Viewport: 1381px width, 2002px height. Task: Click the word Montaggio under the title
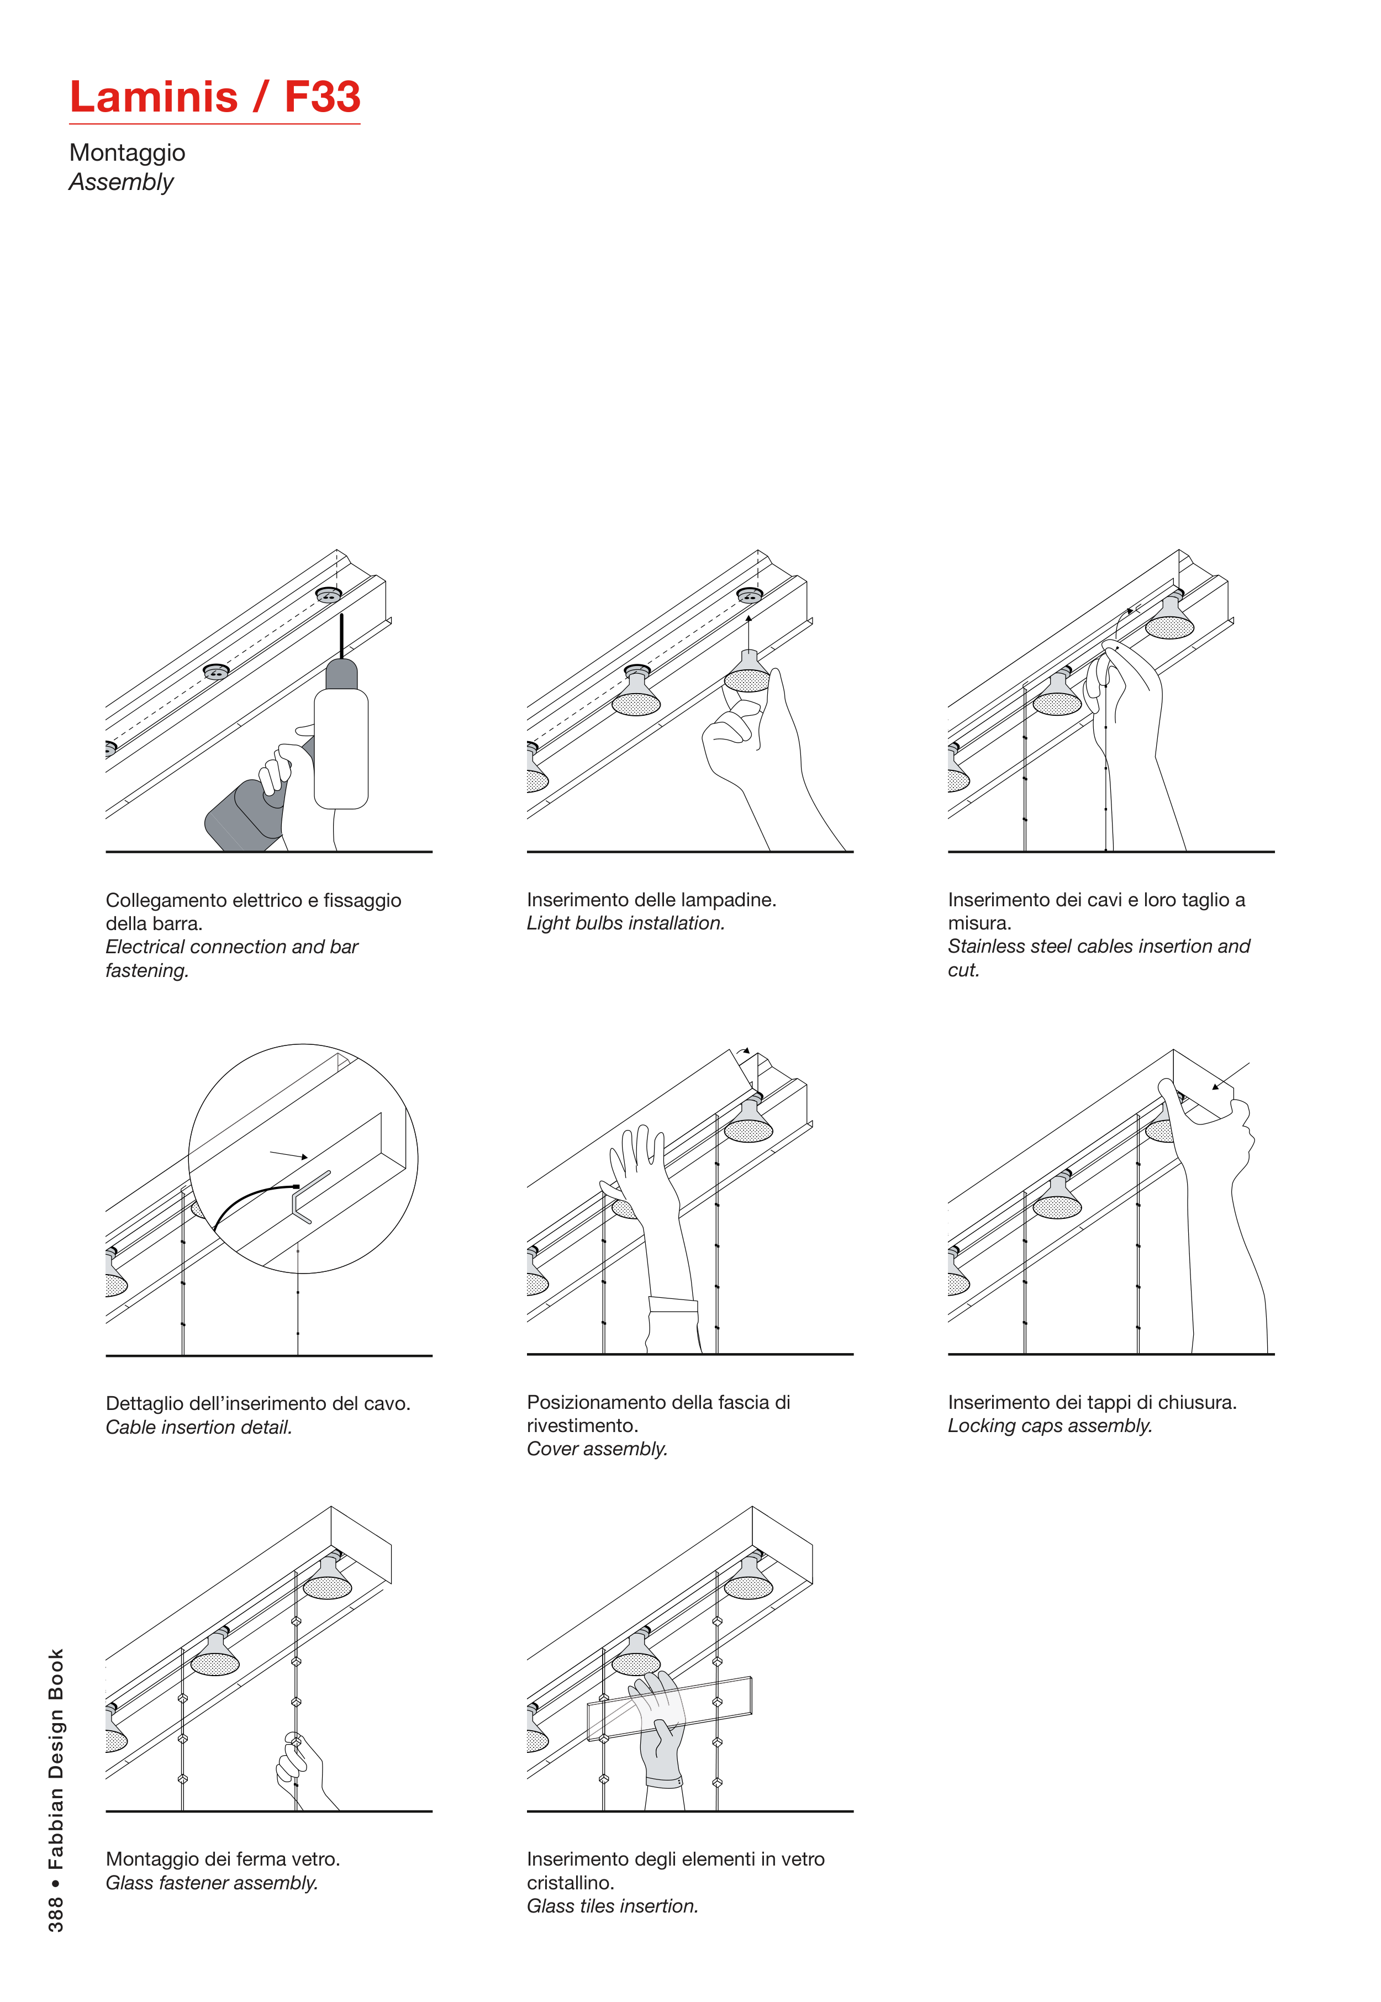coord(127,153)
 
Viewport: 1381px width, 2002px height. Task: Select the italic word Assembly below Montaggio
coord(121,183)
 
